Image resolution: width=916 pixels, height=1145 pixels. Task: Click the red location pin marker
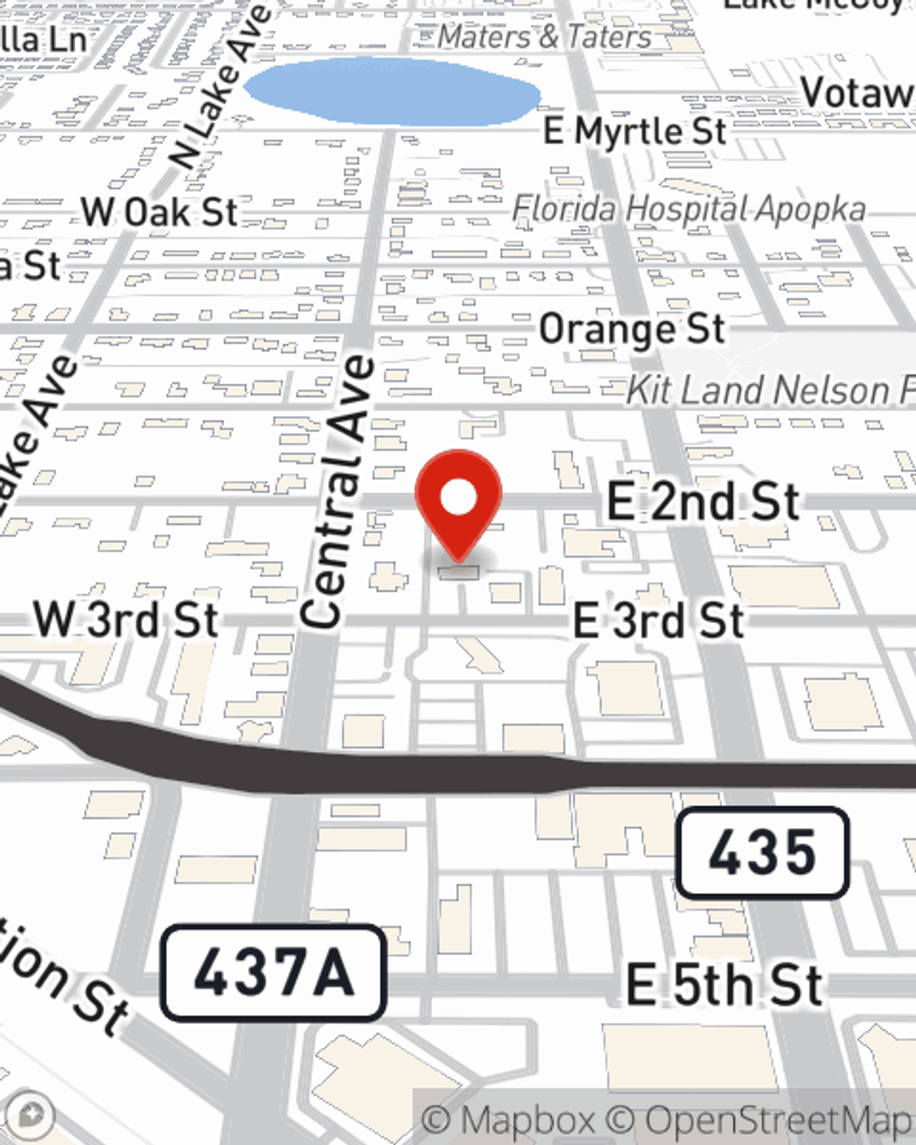(x=458, y=522)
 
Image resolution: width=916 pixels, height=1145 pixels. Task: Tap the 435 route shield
(x=762, y=853)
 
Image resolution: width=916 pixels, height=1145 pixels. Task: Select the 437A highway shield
(x=273, y=973)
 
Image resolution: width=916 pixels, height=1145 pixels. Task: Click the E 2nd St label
(x=703, y=502)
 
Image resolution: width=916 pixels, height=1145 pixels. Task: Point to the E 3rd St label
(x=658, y=620)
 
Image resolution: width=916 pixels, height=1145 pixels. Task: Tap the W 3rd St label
(x=126, y=620)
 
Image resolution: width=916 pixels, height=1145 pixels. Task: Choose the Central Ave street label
(x=337, y=493)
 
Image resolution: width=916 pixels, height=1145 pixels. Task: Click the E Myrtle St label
(x=635, y=131)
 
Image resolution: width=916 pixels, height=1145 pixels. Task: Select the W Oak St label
(x=159, y=213)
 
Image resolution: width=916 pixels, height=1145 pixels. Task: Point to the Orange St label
(x=632, y=330)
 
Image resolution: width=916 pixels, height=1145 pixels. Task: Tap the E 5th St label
(x=724, y=986)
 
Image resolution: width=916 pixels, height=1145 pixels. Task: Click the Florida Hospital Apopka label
(x=688, y=210)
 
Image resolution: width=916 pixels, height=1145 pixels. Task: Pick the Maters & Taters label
(x=544, y=37)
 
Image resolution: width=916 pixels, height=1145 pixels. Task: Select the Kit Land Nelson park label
(x=769, y=390)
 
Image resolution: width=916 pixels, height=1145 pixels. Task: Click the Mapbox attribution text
(x=508, y=1120)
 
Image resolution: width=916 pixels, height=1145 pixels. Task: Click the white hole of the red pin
(x=459, y=498)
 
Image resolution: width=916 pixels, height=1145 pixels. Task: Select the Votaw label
(x=857, y=93)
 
